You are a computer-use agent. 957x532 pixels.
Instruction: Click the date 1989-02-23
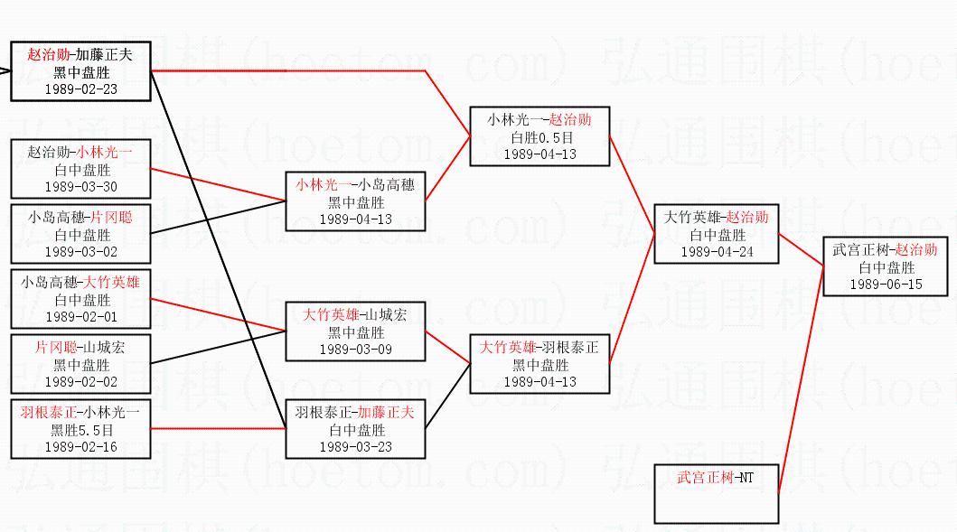(81, 89)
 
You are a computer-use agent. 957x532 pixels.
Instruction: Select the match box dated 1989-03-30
(80, 170)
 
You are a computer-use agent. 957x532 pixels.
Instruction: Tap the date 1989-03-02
(81, 252)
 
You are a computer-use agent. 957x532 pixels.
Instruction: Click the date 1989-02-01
(81, 317)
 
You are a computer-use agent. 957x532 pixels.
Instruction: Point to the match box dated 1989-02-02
(81, 365)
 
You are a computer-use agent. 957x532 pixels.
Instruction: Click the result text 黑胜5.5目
(81, 430)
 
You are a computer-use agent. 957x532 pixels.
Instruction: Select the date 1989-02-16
(81, 446)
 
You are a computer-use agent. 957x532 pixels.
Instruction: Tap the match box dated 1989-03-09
(355, 331)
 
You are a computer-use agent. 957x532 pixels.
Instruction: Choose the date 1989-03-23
(355, 446)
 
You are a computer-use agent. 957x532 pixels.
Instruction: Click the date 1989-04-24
(717, 252)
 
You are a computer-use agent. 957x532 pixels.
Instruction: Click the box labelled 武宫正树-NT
(717, 493)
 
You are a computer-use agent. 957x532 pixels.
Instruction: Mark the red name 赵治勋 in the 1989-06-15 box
(916, 250)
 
